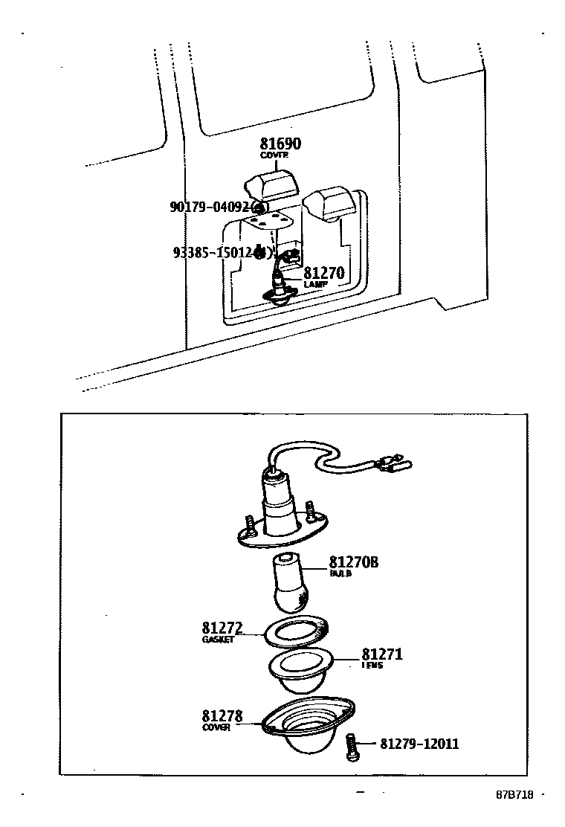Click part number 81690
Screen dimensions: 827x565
[x=280, y=144]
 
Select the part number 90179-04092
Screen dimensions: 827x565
[x=210, y=207]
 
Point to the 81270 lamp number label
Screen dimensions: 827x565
[x=323, y=274]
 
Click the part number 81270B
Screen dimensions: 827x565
[x=354, y=562]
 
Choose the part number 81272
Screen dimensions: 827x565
[x=222, y=628]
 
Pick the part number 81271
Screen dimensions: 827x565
[x=382, y=654]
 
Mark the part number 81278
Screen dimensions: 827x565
[x=222, y=716]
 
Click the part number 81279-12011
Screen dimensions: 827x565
[x=419, y=744]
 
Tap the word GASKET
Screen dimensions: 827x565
[x=217, y=640]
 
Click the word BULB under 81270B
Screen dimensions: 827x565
[x=340, y=573]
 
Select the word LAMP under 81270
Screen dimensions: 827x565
[x=315, y=285]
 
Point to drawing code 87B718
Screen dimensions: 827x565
[x=514, y=794]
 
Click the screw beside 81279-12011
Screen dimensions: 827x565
[x=352, y=746]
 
